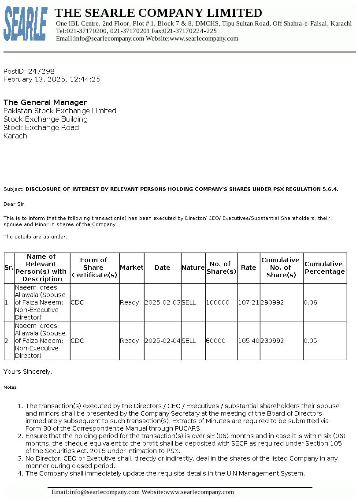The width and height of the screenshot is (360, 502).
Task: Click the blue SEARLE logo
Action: tap(26, 24)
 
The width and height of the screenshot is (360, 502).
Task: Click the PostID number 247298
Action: tap(41, 71)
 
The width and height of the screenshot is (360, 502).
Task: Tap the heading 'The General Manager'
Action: tap(45, 102)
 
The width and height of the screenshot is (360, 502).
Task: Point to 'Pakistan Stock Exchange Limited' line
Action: tap(60, 111)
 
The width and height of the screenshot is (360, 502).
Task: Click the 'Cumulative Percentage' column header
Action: tap(325, 268)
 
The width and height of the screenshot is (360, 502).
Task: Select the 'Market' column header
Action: tap(132, 268)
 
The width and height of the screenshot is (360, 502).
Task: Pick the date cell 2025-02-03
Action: tap(163, 302)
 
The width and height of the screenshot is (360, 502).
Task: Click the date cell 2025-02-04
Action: tap(163, 341)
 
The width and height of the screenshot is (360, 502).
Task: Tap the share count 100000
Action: tap(218, 302)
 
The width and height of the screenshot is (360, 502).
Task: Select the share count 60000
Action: tap(216, 341)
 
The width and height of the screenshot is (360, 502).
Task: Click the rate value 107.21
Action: tap(249, 302)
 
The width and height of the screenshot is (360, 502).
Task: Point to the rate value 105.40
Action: tap(249, 341)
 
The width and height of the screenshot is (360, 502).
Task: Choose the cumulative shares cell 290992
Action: tap(272, 302)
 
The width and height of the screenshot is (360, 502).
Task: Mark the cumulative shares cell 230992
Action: tap(272, 341)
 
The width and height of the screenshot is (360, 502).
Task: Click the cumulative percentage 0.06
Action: tap(311, 302)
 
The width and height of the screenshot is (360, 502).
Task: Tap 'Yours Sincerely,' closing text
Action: tap(28, 372)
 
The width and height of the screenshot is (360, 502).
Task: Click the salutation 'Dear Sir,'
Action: tap(15, 204)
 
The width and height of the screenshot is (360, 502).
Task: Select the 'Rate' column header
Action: tap(249, 268)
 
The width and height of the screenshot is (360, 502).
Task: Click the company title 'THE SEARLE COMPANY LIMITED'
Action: tap(158, 13)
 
